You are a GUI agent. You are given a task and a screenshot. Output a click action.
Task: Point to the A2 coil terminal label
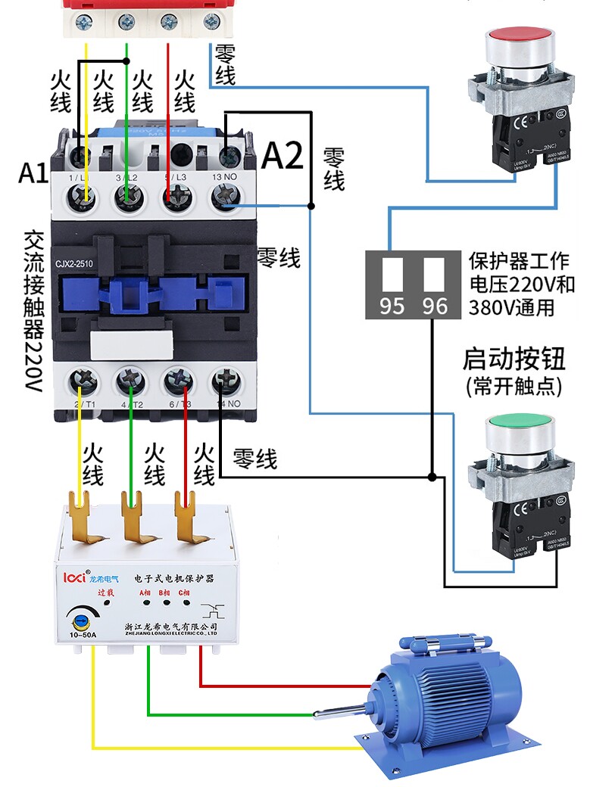[283, 157]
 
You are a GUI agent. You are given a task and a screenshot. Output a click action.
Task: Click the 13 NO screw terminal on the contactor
[225, 198]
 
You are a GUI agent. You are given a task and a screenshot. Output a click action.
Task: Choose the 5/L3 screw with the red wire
[177, 198]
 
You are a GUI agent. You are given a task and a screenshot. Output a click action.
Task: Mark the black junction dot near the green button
[432, 477]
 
